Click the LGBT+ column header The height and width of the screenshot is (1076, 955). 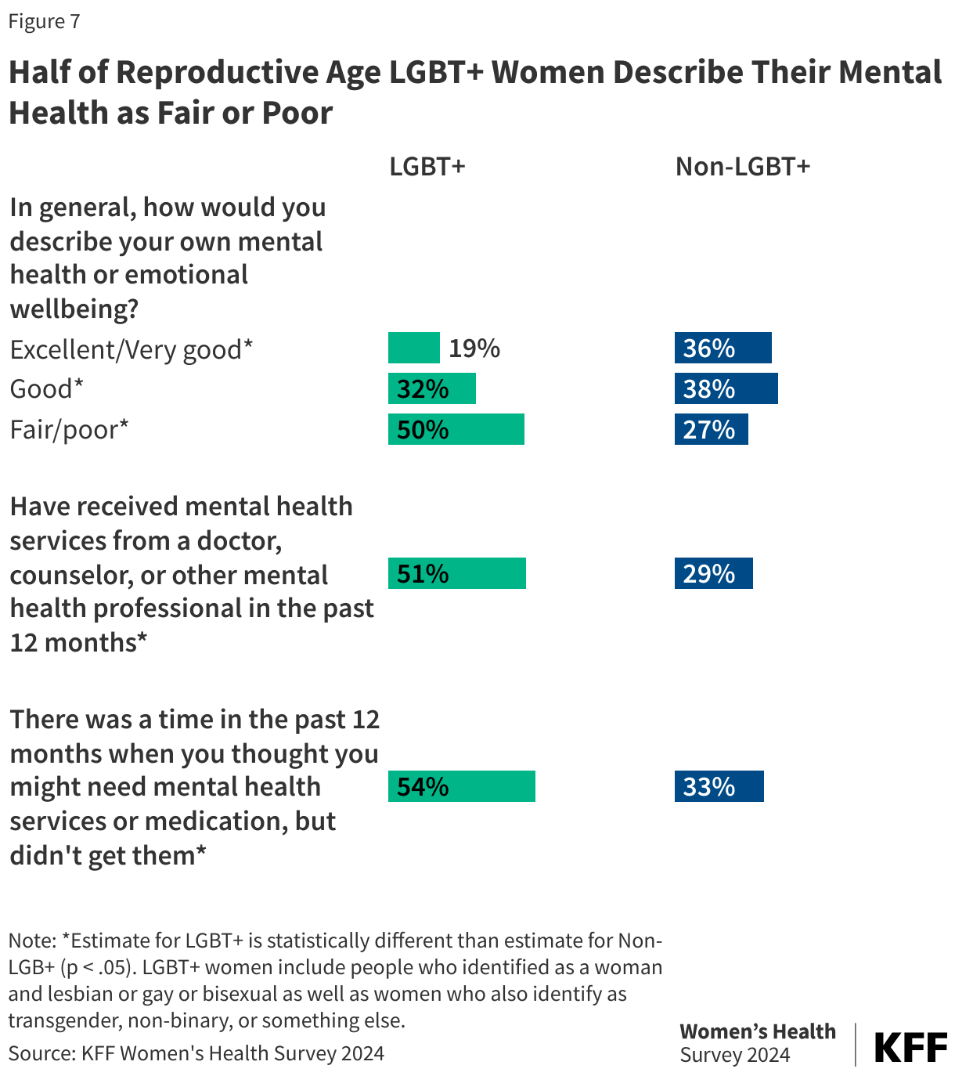click(427, 167)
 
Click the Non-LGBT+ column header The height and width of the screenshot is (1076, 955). click(742, 167)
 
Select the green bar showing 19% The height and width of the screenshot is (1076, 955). click(413, 348)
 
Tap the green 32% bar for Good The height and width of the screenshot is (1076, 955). click(431, 388)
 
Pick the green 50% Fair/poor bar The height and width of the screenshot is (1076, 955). click(456, 429)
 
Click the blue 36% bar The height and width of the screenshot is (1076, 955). click(723, 348)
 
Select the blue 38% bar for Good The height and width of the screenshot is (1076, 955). click(726, 388)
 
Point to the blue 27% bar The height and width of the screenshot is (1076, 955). click(711, 429)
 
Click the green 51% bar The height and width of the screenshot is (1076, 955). click(456, 573)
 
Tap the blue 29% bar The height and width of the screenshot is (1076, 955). click(713, 573)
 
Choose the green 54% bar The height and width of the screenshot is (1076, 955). click(461, 786)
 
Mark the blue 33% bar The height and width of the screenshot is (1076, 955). click(719, 786)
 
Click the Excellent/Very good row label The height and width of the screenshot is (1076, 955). click(132, 349)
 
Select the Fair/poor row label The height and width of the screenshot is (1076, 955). click(69, 429)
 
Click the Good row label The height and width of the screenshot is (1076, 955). click(46, 388)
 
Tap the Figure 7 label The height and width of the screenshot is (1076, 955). click(44, 21)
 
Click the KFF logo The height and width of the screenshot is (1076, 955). click(910, 1046)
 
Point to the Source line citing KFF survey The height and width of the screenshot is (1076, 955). click(196, 1053)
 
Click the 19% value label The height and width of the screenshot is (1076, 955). click(474, 348)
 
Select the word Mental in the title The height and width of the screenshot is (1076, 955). click(890, 72)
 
